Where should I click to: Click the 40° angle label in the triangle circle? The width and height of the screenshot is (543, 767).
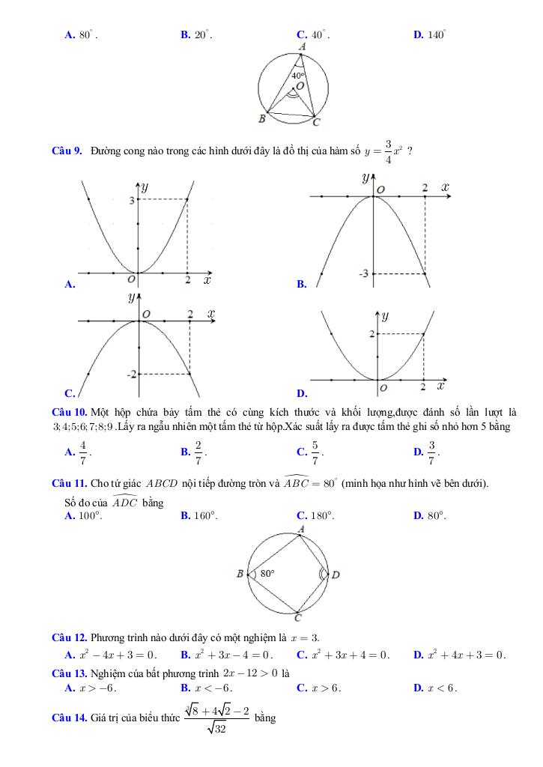pos(297,76)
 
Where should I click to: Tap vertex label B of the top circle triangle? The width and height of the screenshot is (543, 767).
pos(262,118)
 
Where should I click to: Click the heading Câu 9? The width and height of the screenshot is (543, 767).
pos(67,151)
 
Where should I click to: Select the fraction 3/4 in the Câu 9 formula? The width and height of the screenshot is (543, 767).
pos(388,150)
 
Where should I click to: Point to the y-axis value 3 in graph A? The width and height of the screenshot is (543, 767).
pos(131,200)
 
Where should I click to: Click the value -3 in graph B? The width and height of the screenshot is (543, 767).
pos(364,273)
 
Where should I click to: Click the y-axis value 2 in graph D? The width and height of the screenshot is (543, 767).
pos(371,333)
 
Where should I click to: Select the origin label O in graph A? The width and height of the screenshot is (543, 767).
pos(131,279)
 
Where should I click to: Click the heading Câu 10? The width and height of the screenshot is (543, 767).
pos(70,412)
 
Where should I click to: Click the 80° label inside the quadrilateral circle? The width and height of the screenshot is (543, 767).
pos(267,573)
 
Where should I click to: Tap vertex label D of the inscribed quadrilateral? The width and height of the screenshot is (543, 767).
pos(336,575)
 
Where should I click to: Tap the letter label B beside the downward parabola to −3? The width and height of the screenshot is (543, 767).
pos(301,284)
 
